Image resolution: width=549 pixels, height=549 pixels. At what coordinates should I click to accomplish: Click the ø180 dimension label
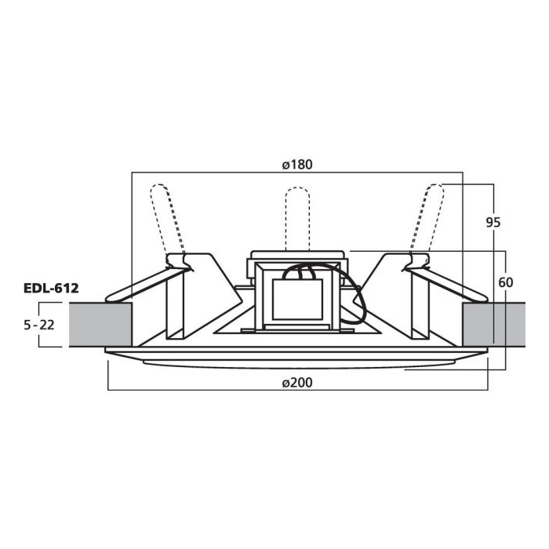pyautogui.click(x=297, y=165)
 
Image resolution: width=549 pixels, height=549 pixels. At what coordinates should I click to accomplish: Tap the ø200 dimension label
pyautogui.click(x=297, y=383)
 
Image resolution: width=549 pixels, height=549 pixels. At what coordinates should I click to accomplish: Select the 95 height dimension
pyautogui.click(x=493, y=222)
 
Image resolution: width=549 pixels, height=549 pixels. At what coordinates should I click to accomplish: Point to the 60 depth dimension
pyautogui.click(x=506, y=282)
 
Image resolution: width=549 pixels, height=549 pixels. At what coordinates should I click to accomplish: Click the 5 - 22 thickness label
pyautogui.click(x=39, y=325)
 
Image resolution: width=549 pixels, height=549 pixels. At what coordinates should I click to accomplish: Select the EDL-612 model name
pyautogui.click(x=51, y=288)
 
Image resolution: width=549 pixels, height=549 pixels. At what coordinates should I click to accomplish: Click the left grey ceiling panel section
pyautogui.click(x=100, y=325)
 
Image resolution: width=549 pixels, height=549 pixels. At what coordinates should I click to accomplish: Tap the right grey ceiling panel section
pyautogui.click(x=493, y=325)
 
